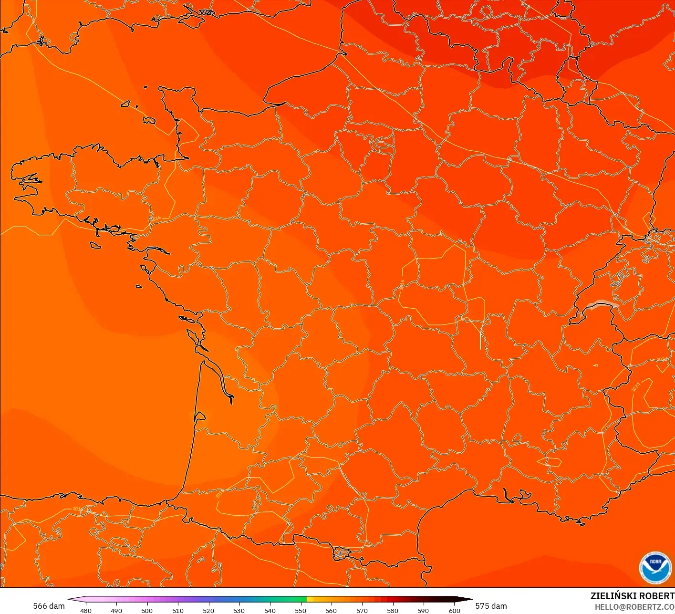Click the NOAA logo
click(655, 567)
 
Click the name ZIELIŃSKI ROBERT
click(632, 596)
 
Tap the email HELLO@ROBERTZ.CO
click(634, 607)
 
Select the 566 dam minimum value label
click(49, 606)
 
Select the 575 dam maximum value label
click(491, 606)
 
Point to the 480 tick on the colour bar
click(86, 610)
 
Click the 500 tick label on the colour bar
click(147, 610)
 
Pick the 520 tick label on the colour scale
click(208, 610)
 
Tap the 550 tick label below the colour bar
click(301, 610)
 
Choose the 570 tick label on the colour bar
click(362, 610)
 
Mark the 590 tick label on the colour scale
click(423, 610)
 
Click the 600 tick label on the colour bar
click(454, 610)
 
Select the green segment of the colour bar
click(286, 599)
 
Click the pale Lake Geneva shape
click(602, 304)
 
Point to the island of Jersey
click(149, 121)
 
